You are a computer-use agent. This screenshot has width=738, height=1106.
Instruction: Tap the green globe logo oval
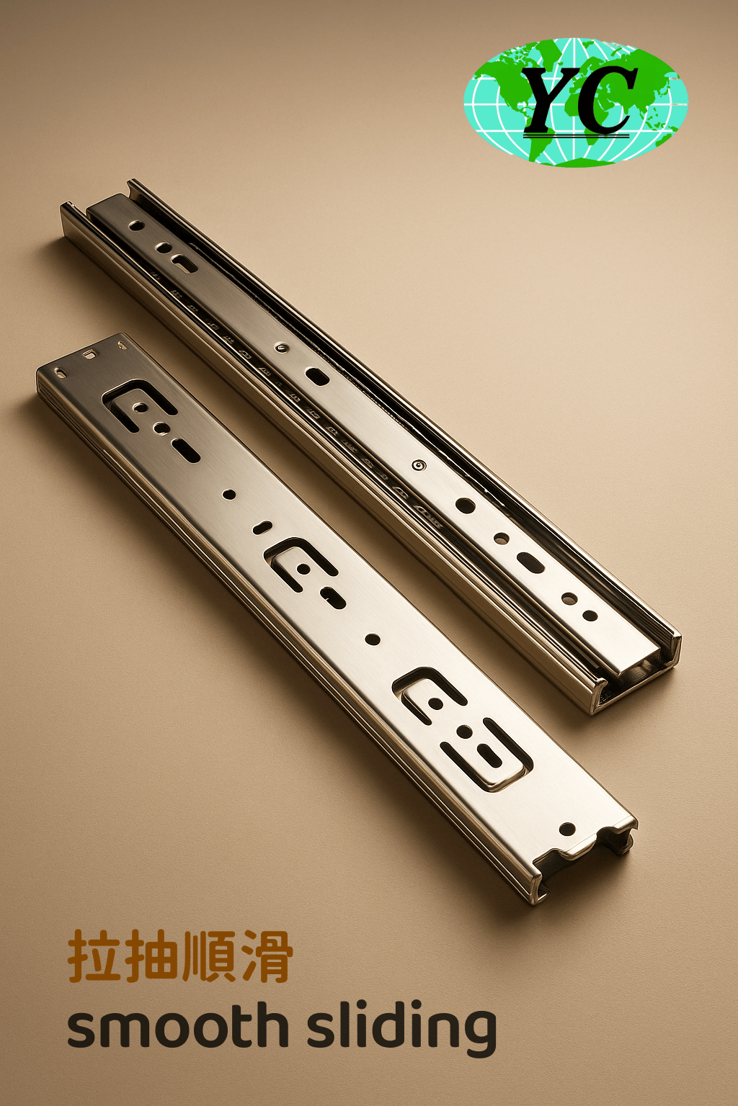[575, 102]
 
